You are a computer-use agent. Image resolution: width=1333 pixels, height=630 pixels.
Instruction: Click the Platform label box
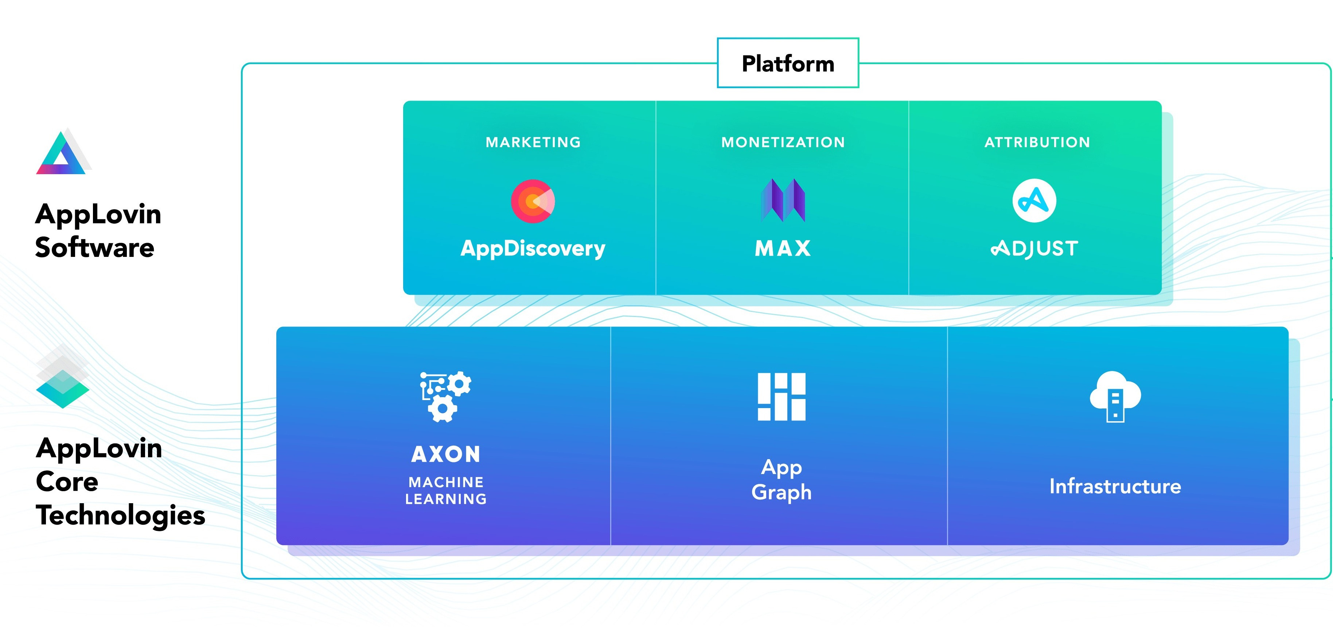pos(788,63)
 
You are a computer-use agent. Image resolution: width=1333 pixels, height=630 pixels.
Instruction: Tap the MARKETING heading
pos(533,142)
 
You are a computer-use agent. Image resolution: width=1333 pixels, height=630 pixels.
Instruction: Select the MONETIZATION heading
pos(783,142)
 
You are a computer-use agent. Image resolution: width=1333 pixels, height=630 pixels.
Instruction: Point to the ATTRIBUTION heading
pos(1037,142)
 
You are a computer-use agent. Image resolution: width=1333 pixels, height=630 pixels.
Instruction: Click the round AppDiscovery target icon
pos(533,201)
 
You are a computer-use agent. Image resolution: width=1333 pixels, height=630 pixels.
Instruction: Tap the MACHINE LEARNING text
pos(446,490)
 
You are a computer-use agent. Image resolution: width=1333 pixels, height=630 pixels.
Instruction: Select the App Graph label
pos(782,480)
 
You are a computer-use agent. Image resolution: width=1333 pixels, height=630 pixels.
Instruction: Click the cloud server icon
pos(1115,396)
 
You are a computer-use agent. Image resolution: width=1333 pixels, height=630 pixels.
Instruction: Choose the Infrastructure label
pos(1115,486)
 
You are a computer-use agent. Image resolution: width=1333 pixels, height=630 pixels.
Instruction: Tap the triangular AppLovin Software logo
pos(62,153)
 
